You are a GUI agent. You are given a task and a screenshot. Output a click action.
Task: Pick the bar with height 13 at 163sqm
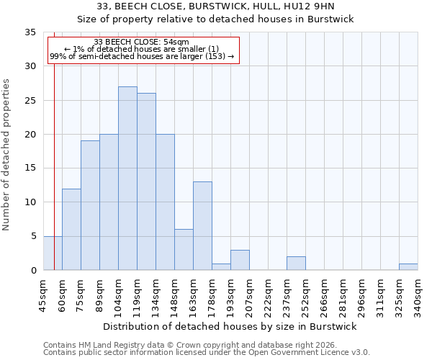pyautogui.click(x=202, y=226)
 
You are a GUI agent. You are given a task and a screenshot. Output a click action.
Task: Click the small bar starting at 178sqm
pyautogui.click(x=221, y=266)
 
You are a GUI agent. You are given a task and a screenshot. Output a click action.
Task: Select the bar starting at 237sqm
pyautogui.click(x=296, y=263)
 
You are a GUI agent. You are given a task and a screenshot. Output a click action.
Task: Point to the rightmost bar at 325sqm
pyautogui.click(x=408, y=266)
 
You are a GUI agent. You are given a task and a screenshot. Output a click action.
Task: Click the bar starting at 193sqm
pyautogui.click(x=240, y=260)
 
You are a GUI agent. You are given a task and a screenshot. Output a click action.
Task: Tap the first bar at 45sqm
pyautogui.click(x=53, y=253)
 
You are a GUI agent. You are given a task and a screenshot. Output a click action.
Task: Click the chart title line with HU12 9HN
pyautogui.click(x=215, y=6)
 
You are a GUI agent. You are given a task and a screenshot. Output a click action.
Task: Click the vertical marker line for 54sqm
pyautogui.click(x=54, y=158)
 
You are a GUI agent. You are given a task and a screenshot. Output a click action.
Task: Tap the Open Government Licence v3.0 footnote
pyautogui.click(x=207, y=353)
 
